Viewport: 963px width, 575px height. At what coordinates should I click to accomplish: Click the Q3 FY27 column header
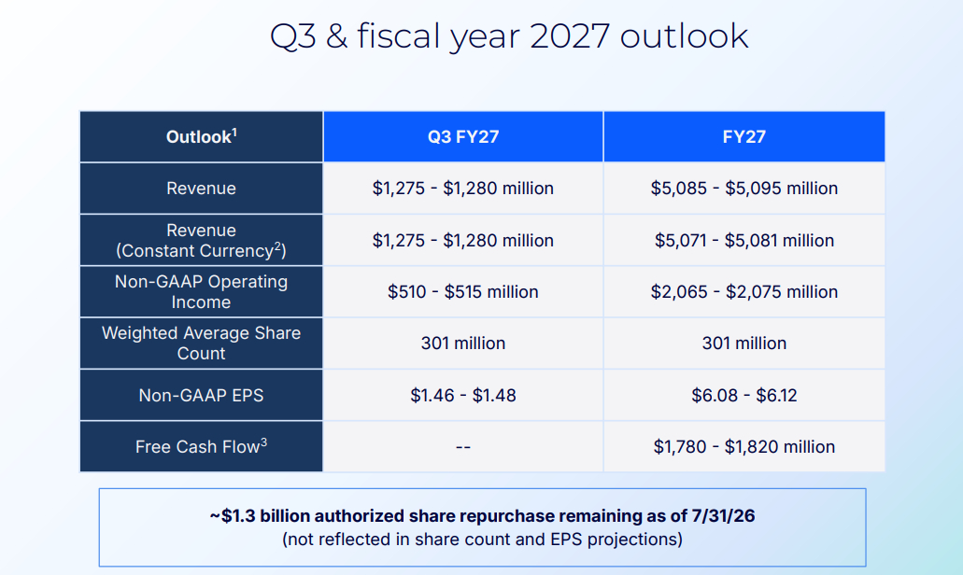(463, 136)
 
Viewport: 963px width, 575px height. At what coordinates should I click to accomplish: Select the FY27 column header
(743, 136)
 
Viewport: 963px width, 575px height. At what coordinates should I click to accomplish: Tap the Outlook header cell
(202, 136)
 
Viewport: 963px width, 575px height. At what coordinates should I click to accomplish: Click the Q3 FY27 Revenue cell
(463, 188)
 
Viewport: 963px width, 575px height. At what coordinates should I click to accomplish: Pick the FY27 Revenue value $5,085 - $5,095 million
(743, 188)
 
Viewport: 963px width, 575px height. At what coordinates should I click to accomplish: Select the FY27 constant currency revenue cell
(743, 240)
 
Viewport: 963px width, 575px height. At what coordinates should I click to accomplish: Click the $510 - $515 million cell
(463, 291)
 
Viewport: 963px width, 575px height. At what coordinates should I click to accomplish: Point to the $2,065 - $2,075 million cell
(743, 291)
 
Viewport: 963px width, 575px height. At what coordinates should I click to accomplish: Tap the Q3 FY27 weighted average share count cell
(463, 343)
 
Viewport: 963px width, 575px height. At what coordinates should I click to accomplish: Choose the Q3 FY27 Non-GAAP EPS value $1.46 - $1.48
(463, 395)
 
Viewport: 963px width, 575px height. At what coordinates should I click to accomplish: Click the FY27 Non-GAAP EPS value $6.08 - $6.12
(743, 395)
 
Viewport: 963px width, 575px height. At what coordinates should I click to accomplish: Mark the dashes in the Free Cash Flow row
(463, 447)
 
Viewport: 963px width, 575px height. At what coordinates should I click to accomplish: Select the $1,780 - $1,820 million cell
(743, 447)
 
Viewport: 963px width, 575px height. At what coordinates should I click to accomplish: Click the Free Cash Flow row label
(202, 446)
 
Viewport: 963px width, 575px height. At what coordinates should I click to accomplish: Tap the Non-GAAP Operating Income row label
(202, 291)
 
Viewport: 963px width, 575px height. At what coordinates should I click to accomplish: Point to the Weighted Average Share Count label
(202, 343)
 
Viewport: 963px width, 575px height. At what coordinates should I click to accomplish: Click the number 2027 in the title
(570, 36)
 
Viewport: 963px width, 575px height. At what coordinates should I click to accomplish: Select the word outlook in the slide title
(684, 36)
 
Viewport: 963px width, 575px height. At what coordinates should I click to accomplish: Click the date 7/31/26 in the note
(723, 515)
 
